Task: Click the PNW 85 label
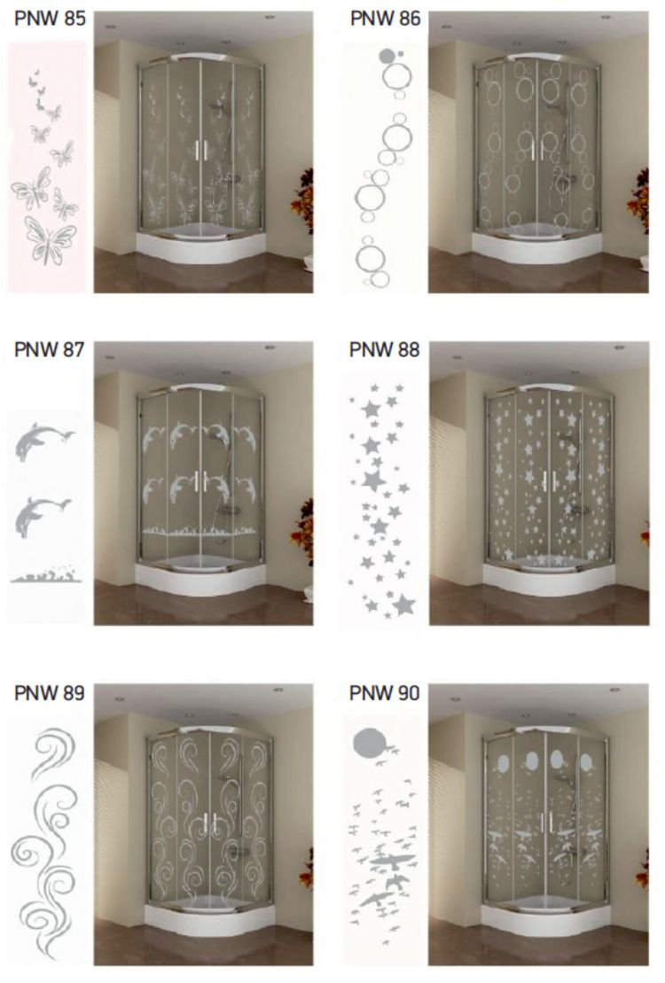(50, 19)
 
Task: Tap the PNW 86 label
(385, 19)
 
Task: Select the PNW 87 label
(49, 349)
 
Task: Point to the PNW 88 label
(384, 349)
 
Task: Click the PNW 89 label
(49, 693)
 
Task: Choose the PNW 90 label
(384, 693)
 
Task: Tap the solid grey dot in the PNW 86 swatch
(386, 56)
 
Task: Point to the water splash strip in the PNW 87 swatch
(46, 575)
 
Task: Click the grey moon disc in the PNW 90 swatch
(368, 744)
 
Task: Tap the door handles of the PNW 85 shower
(200, 150)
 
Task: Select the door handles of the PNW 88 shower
(549, 480)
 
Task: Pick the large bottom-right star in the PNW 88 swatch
(403, 605)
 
